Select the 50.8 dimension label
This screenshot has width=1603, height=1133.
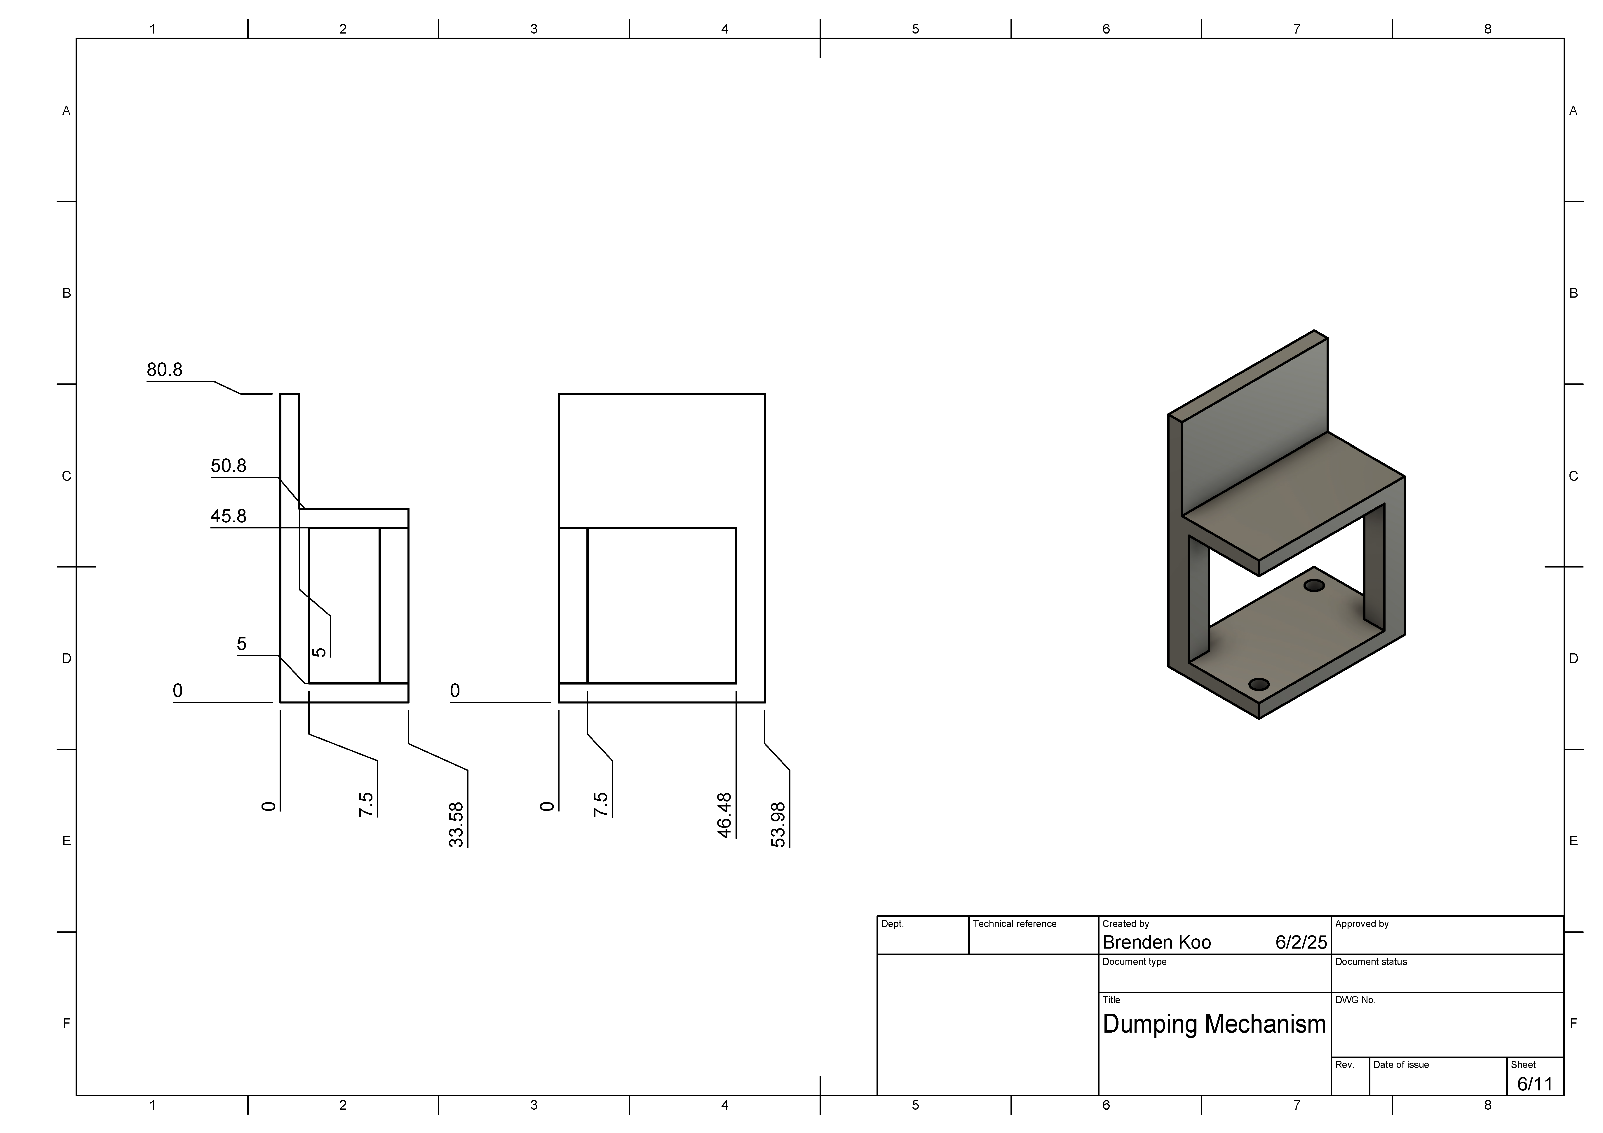(228, 466)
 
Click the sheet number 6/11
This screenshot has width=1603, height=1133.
(1535, 1084)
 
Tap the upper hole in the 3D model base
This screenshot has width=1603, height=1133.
(1314, 585)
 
